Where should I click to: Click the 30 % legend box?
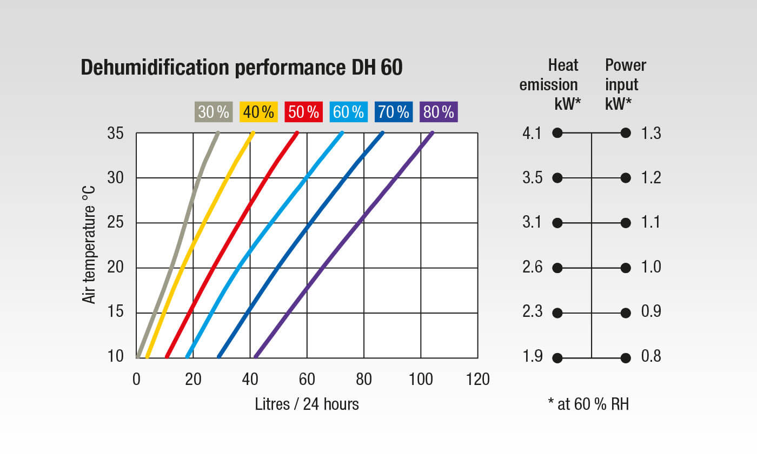[214, 112]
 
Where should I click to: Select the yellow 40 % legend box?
[259, 112]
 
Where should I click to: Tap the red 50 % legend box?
[304, 112]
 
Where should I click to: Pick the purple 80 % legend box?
[439, 112]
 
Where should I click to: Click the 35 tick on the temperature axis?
[115, 133]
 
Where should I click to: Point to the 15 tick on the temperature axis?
[115, 313]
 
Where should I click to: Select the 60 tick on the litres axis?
[307, 379]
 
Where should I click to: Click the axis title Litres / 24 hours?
[307, 404]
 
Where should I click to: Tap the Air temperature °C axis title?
[89, 244]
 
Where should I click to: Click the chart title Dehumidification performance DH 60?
[242, 68]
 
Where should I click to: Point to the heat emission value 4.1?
[532, 133]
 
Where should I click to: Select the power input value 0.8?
[651, 357]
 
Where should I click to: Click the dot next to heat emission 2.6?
[558, 268]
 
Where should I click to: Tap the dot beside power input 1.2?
[626, 178]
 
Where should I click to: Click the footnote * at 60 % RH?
[588, 404]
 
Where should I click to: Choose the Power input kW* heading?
[625, 84]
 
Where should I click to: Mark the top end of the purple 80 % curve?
[432, 132]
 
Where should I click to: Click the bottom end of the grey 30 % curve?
[138, 356]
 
